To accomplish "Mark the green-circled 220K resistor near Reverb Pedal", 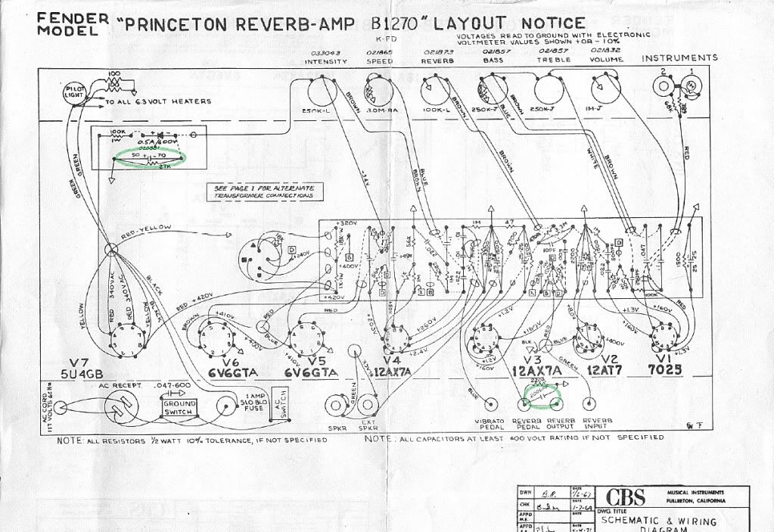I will click(x=542, y=391).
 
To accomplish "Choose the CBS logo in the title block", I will click(x=625, y=497).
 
